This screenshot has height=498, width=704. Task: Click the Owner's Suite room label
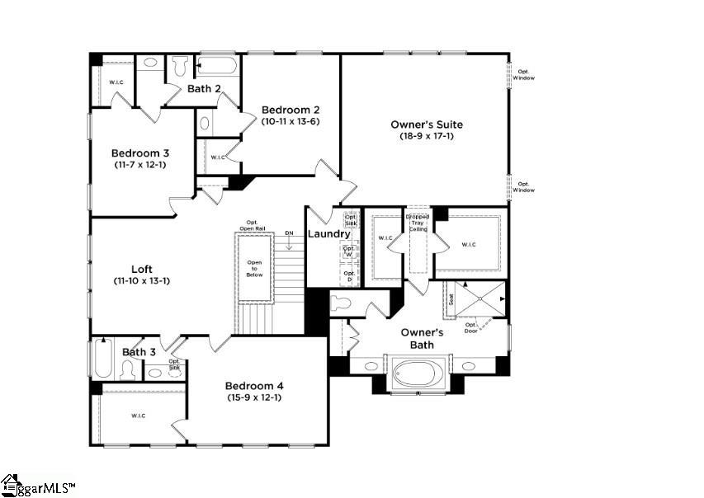(x=426, y=124)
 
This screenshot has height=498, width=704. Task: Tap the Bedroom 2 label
(x=291, y=110)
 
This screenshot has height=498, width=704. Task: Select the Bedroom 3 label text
(x=139, y=153)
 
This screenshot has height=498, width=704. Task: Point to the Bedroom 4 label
(x=254, y=386)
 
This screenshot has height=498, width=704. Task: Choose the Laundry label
(x=329, y=234)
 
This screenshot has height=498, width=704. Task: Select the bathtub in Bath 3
(x=102, y=359)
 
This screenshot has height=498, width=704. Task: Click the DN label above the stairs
(x=289, y=233)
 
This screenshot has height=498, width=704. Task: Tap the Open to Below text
(x=254, y=269)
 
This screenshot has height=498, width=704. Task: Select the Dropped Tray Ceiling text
(x=418, y=223)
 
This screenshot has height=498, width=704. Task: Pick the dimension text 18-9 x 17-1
(x=426, y=136)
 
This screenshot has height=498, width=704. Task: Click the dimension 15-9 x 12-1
(x=254, y=397)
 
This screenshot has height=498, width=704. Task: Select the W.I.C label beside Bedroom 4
(x=137, y=416)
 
